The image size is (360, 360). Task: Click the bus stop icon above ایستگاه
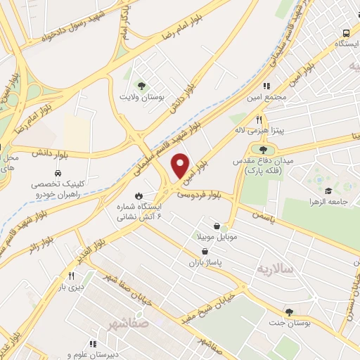point(345,33)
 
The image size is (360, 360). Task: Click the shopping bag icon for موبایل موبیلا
point(223,226)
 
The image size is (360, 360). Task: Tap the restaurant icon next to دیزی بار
point(71,276)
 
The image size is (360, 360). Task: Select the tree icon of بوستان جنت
point(289,312)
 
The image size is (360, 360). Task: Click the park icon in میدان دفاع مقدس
point(263,149)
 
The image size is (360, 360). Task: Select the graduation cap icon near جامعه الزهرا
point(328,191)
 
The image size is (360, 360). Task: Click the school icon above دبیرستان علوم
point(70,345)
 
